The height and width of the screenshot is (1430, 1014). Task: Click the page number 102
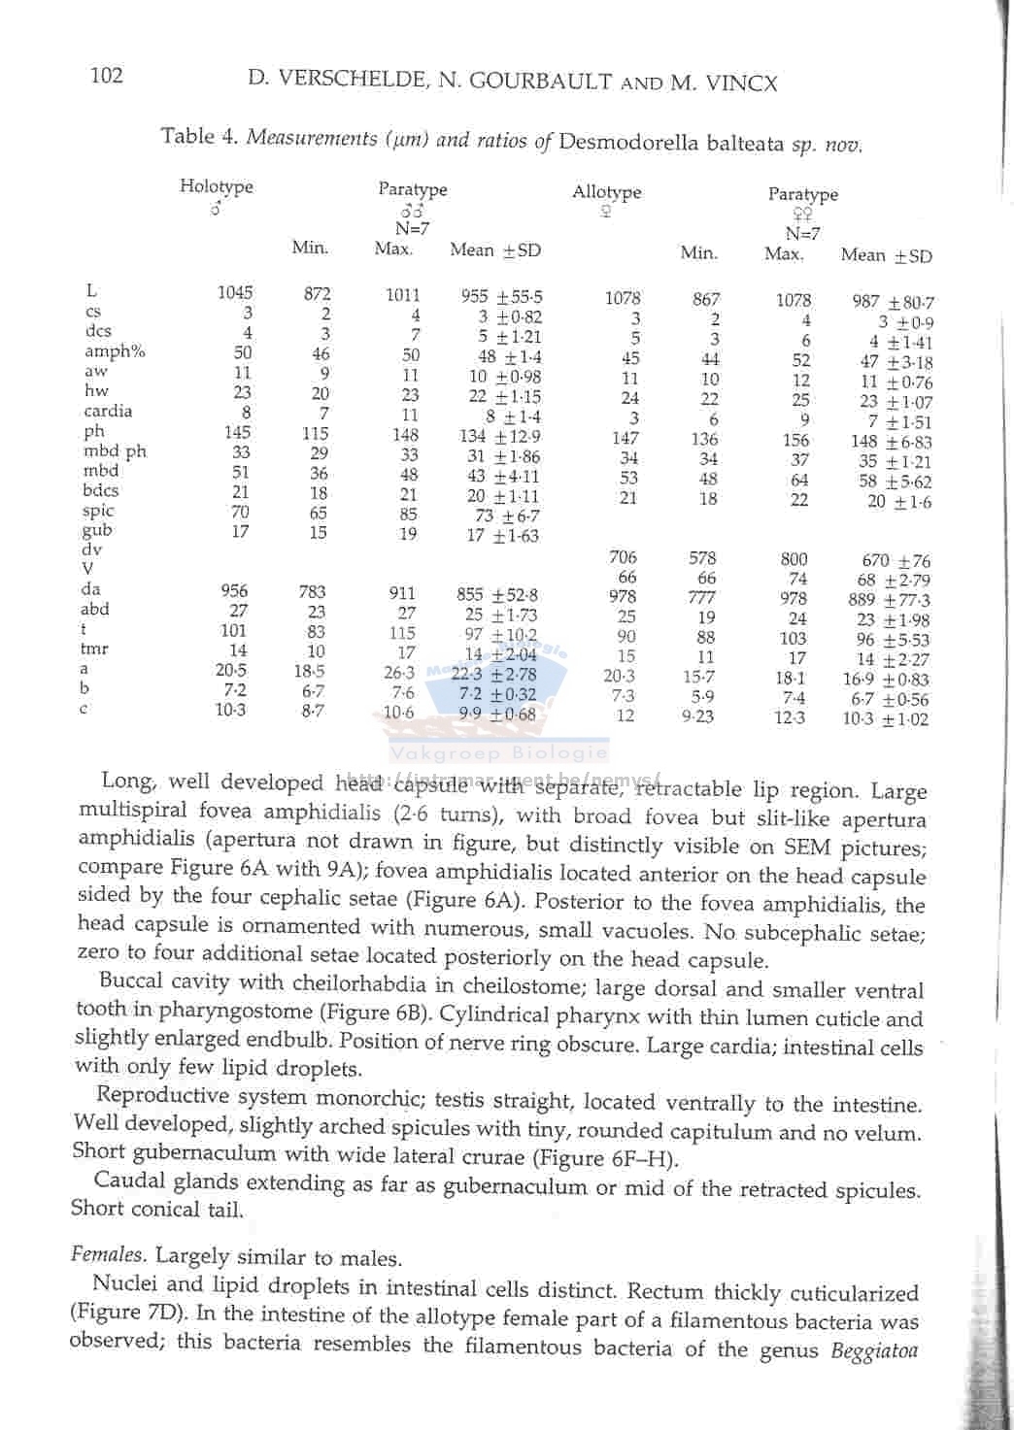[x=106, y=75]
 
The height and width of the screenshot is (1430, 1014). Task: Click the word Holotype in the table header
[x=216, y=186]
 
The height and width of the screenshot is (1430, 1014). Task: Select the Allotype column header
[x=606, y=192]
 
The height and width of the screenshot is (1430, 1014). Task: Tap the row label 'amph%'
[x=114, y=351]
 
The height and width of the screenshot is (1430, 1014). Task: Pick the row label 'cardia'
[x=107, y=411]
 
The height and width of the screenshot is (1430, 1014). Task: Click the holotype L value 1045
[x=234, y=292]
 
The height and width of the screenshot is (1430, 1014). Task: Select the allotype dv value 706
[x=623, y=557]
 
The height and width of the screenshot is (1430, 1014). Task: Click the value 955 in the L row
[x=474, y=296]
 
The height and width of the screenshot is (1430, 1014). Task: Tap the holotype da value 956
[x=234, y=590]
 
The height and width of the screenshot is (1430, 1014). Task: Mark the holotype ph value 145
[x=236, y=432]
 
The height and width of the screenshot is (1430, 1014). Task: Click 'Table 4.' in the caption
[x=200, y=136]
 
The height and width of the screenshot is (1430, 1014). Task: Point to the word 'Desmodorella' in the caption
[x=628, y=143]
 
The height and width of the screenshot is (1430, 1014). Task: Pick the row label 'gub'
[x=97, y=530]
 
